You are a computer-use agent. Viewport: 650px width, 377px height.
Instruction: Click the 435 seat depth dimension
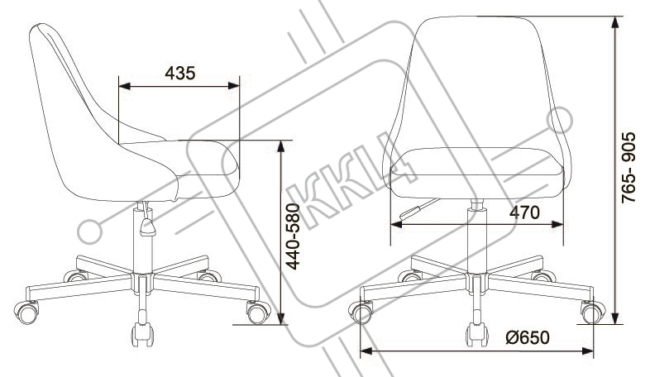180,74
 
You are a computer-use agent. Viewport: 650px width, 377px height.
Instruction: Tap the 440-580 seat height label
294,236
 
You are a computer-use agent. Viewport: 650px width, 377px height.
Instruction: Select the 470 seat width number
525,212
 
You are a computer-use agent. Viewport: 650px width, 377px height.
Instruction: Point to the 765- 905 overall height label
628,167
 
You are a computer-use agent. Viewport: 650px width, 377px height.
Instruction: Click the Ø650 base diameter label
528,337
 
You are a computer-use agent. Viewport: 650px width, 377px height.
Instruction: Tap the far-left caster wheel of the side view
26,312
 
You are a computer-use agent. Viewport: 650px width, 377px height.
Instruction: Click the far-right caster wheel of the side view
258,312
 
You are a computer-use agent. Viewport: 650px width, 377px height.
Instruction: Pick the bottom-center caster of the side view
142,334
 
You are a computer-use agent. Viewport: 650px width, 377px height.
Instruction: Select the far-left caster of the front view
361,312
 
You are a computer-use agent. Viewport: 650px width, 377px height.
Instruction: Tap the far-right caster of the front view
593,312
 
